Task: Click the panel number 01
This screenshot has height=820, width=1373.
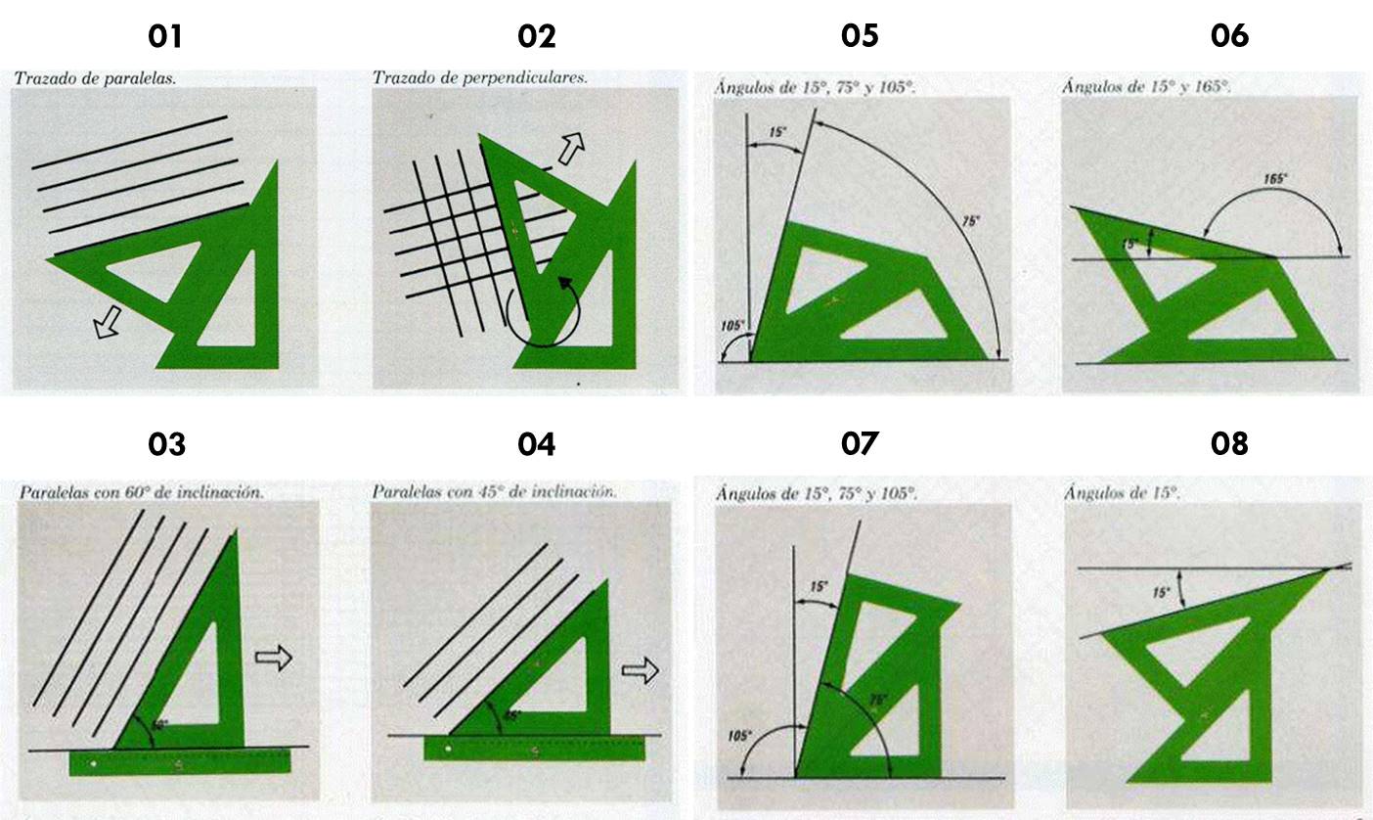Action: click(165, 36)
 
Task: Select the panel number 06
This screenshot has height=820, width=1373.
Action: click(1229, 36)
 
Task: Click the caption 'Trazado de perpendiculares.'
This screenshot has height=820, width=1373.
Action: click(480, 76)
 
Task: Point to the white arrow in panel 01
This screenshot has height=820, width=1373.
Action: click(108, 326)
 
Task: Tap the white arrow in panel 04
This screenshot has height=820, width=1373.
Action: click(640, 670)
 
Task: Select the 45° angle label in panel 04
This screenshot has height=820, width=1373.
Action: click(512, 715)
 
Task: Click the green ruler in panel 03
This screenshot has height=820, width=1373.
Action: click(181, 763)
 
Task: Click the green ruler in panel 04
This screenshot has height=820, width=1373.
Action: click(535, 749)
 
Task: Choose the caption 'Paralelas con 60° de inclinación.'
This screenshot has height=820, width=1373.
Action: click(141, 492)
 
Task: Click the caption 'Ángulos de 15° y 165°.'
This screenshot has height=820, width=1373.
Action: click(1146, 87)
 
